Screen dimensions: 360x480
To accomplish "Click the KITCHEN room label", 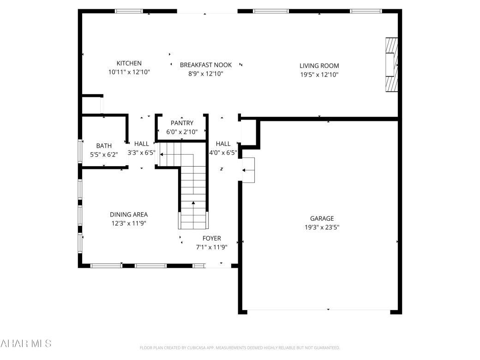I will point(129,63).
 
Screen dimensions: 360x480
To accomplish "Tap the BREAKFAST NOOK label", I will point(205,65).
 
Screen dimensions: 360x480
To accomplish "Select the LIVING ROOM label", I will point(319,66).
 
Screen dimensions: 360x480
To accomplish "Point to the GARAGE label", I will point(322,218).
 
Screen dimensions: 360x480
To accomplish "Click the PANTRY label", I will point(182,123).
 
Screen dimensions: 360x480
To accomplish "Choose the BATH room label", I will point(104,146).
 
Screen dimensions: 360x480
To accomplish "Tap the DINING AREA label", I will point(129,214).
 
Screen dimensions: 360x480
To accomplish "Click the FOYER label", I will point(211,238).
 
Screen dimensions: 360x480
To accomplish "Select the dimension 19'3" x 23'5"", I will point(322,227).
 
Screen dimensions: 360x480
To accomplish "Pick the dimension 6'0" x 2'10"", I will point(182,132).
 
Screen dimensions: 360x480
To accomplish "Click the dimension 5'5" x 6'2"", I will point(104,155).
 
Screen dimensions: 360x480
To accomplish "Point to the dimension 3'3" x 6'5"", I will point(141,152).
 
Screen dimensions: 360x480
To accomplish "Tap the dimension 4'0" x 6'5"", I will point(223,152).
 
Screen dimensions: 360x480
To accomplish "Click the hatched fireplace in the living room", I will point(391,65).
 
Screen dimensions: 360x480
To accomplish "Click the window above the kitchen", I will point(129,11).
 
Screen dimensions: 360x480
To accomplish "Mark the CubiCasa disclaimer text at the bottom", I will point(240,348).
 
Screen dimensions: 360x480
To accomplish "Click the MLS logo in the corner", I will point(25,343).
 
